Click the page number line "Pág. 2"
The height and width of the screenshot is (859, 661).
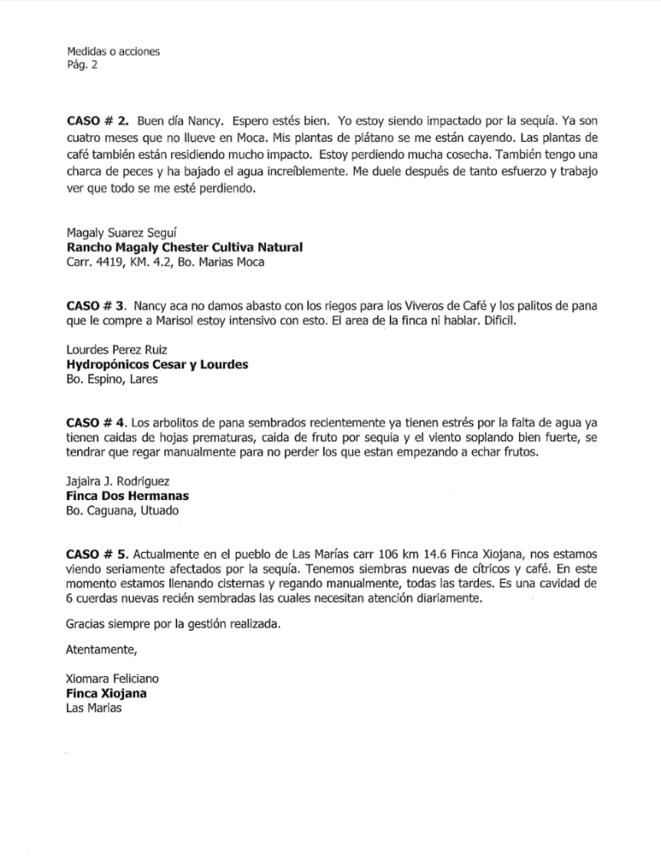(x=81, y=65)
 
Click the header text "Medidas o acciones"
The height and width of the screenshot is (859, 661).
(x=112, y=51)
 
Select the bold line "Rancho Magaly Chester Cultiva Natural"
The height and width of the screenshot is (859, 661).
(x=184, y=247)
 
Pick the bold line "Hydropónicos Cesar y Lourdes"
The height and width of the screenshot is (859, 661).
(x=157, y=365)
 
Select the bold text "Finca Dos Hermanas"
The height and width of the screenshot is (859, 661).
(x=127, y=496)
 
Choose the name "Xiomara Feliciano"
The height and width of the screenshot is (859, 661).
(x=112, y=679)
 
